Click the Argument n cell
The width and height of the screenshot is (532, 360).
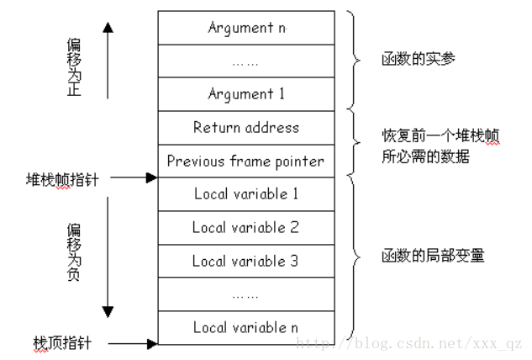pyautogui.click(x=245, y=28)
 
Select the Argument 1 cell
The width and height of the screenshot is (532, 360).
pyautogui.click(x=245, y=94)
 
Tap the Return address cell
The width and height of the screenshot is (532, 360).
pyautogui.click(x=245, y=128)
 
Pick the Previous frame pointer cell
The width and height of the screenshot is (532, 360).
pyautogui.click(x=245, y=161)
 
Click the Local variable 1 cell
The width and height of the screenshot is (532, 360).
pyautogui.click(x=245, y=194)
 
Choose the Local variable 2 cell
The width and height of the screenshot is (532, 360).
pyautogui.click(x=245, y=227)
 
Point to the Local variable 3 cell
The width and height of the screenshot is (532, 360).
pyautogui.click(x=245, y=261)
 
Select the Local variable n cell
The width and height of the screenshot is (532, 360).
pyautogui.click(x=245, y=326)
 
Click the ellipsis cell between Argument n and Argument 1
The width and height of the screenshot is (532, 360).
pyautogui.click(x=245, y=61)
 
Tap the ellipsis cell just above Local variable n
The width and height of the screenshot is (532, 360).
pyautogui.click(x=245, y=294)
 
